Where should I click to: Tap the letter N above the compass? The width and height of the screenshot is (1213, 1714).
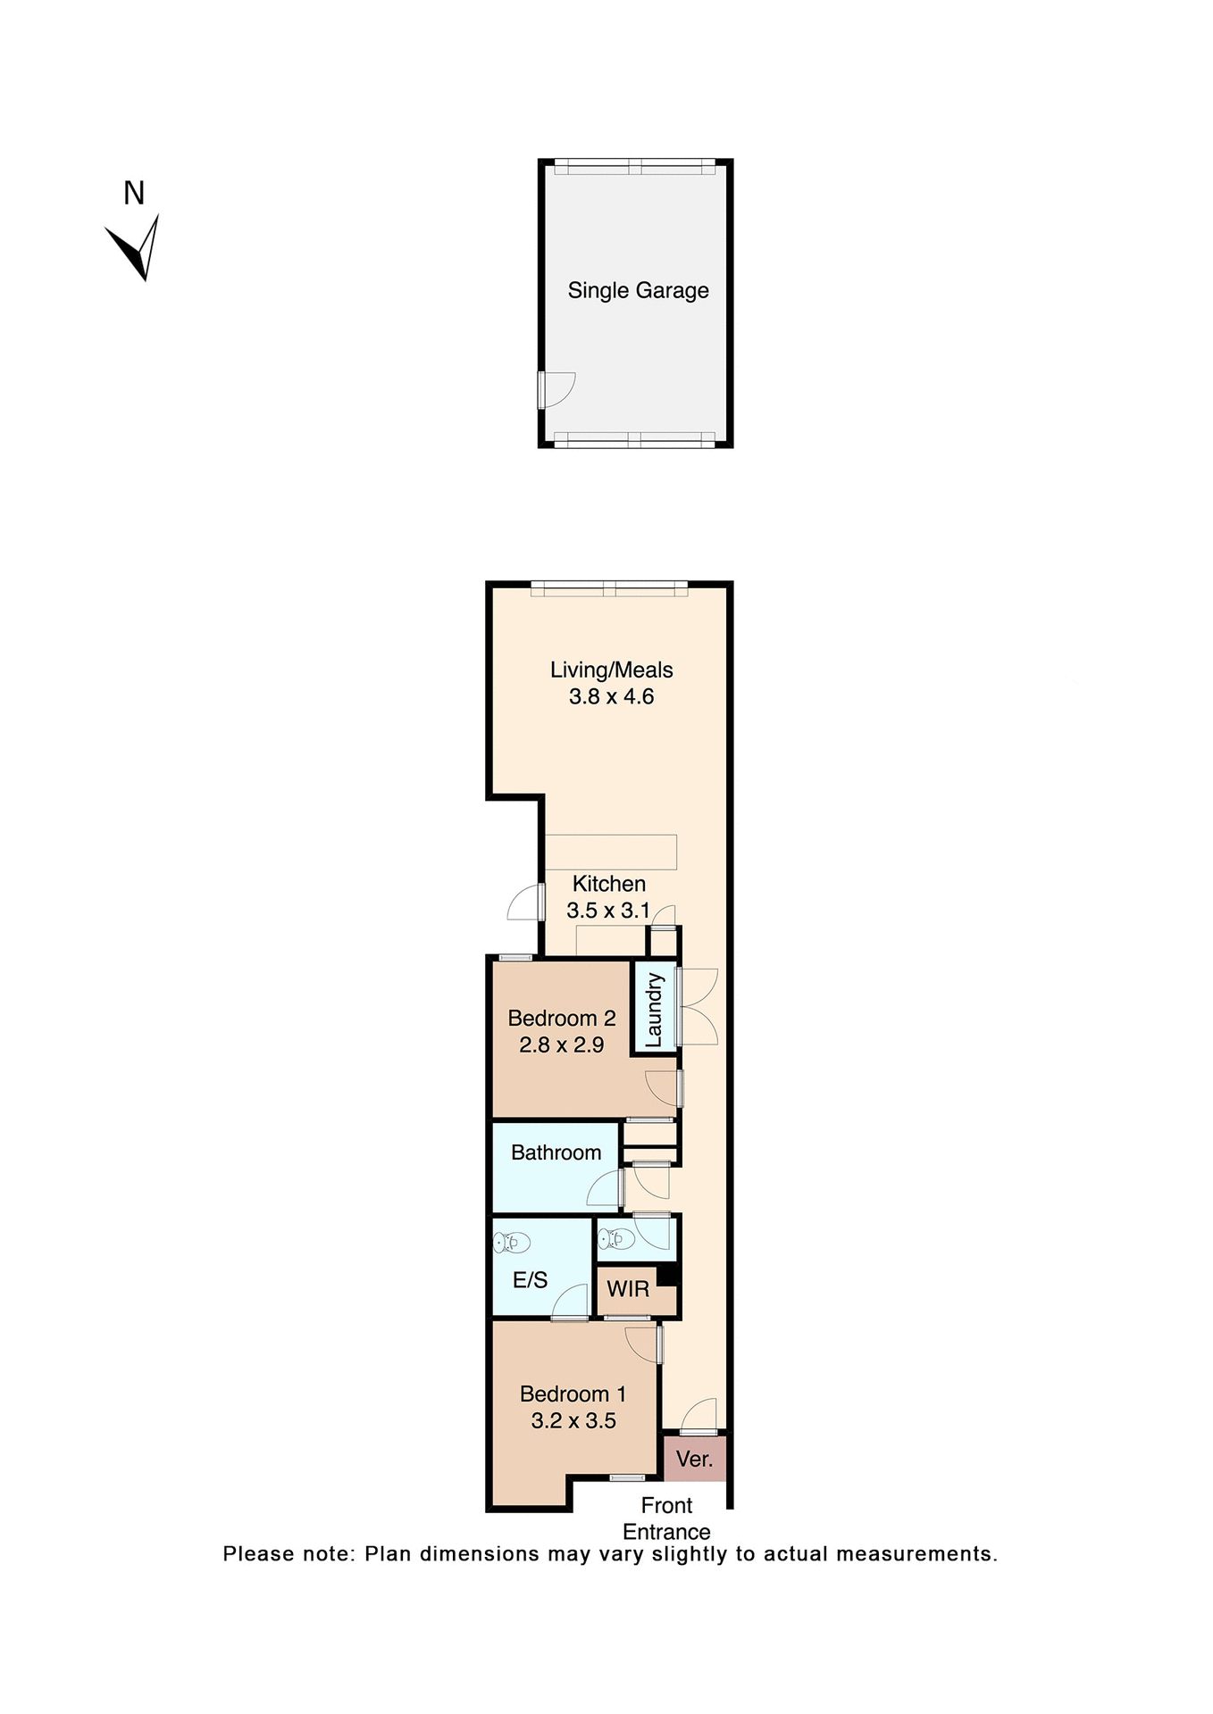[134, 193]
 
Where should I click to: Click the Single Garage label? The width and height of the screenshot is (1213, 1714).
[638, 290]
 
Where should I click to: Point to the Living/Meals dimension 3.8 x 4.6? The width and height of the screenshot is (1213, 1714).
[611, 697]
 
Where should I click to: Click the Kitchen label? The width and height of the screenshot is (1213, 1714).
[608, 884]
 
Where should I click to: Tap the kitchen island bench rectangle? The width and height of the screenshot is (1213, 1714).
[611, 852]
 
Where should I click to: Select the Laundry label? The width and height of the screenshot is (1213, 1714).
[654, 1010]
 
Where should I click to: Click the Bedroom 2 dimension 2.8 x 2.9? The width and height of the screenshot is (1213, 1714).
[561, 1045]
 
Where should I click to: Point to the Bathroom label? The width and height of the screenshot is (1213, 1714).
[556, 1152]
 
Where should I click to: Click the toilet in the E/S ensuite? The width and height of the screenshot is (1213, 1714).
[513, 1242]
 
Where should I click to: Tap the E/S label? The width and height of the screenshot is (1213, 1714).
[530, 1280]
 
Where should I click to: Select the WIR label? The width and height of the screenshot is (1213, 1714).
[628, 1289]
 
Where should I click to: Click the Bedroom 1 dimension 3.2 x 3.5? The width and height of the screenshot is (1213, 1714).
[573, 1421]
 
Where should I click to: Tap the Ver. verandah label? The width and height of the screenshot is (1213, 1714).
[694, 1459]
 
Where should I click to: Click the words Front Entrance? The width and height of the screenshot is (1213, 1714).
[666, 1518]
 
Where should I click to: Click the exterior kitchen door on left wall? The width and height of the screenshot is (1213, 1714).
[526, 903]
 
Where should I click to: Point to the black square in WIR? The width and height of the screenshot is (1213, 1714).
[667, 1274]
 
